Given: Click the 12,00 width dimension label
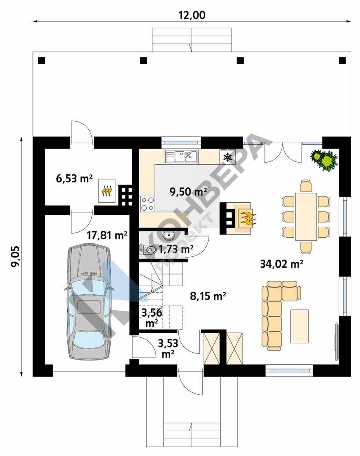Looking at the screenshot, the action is pos(192,15).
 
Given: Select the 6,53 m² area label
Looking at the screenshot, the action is pos(74,178).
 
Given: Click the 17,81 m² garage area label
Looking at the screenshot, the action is pos(107,235).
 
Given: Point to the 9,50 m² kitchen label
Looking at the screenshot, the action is pos(188,192).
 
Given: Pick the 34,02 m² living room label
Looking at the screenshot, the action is pos(281,264).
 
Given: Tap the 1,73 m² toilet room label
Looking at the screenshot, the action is pos(176,249).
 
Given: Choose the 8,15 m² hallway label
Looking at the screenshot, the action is pos(208,296).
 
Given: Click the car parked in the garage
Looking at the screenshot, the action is pos(88,301).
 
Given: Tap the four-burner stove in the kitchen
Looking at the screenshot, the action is pos(147,204).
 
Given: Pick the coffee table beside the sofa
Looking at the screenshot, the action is pos(300,326).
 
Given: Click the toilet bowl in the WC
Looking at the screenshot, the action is pos(148,250).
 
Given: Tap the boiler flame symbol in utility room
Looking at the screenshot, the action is pos(107,191).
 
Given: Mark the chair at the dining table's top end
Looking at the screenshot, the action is pos(306,187).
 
